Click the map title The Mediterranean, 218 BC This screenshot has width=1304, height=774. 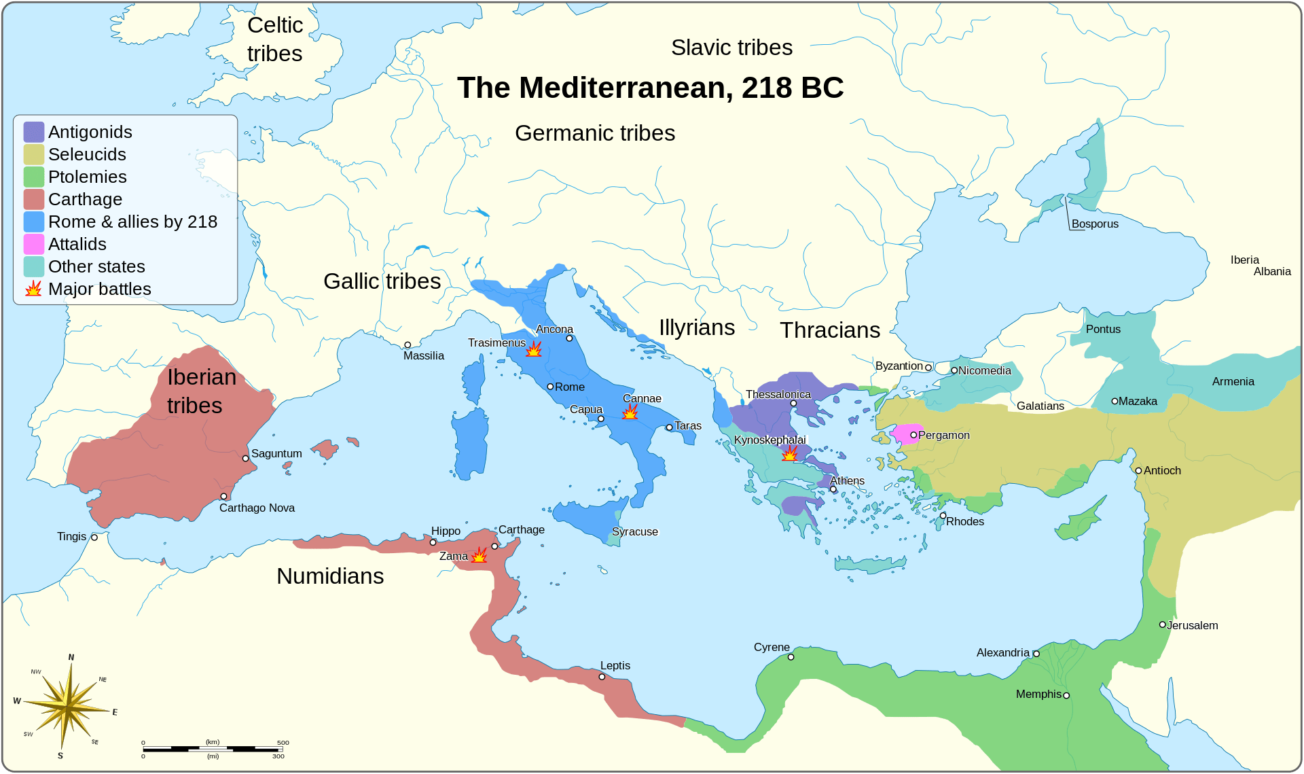point(650,88)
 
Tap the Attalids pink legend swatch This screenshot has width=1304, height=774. point(34,244)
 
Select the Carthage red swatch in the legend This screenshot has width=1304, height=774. point(34,199)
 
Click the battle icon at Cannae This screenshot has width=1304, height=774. point(630,412)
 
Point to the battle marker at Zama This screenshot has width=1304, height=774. point(479,555)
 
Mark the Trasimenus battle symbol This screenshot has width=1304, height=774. point(534,349)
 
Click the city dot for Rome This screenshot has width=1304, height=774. point(550,387)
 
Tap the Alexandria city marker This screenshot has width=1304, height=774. point(1036,654)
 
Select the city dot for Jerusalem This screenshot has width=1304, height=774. point(1163,625)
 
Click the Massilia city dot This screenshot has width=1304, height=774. point(407,345)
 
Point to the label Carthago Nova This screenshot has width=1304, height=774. point(257,508)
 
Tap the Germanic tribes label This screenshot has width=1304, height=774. point(595,133)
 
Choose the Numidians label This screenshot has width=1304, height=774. point(330,576)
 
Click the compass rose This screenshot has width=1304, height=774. point(67,707)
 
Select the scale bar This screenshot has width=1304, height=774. point(213,749)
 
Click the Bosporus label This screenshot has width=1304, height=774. point(1095,224)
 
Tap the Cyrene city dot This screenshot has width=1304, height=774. point(791,657)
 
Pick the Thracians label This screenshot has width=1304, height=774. point(830,330)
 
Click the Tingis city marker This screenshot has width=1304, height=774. point(94,538)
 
